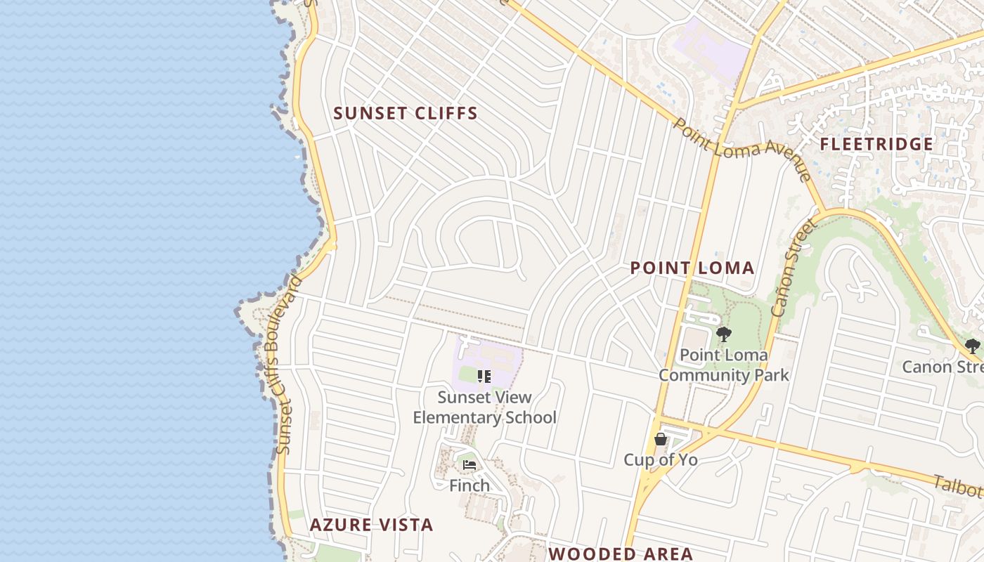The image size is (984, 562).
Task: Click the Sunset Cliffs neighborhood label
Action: pyautogui.click(x=406, y=113)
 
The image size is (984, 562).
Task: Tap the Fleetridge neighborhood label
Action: pyautogui.click(x=876, y=144)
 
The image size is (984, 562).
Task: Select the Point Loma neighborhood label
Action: pyautogui.click(x=692, y=268)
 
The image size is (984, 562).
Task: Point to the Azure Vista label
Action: pyautogui.click(x=371, y=525)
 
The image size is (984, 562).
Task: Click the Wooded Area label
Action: pyautogui.click(x=621, y=553)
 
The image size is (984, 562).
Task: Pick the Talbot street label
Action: pyautogui.click(x=957, y=485)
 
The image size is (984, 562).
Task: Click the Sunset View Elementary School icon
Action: pyautogui.click(x=484, y=377)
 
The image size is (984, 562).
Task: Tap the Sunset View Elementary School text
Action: pyautogui.click(x=484, y=407)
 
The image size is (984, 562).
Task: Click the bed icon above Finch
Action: pyautogui.click(x=470, y=465)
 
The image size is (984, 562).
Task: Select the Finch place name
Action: pyautogui.click(x=470, y=485)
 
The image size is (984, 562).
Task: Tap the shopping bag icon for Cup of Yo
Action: pyautogui.click(x=660, y=440)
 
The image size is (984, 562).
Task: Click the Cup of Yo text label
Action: pyautogui.click(x=660, y=460)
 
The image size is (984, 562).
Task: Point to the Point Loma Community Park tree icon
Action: pyautogui.click(x=723, y=334)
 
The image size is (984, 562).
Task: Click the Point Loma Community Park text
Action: pyautogui.click(x=723, y=365)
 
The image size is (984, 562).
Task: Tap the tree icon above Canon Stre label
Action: pyautogui.click(x=972, y=346)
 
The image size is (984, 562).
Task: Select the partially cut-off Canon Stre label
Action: pyautogui.click(x=942, y=367)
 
